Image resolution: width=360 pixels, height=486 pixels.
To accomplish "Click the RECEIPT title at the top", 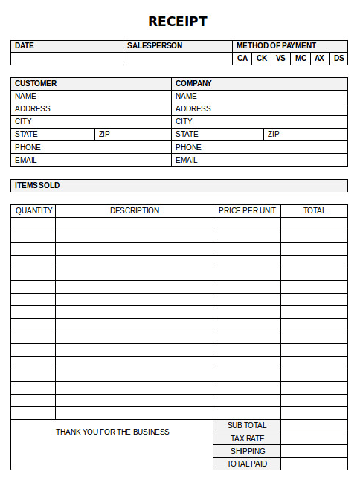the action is (178, 22).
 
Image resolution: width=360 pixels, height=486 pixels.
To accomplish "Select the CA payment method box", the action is (242, 59).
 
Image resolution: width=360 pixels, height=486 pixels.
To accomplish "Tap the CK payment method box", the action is (262, 59).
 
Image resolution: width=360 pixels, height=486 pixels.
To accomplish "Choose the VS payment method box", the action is (280, 59).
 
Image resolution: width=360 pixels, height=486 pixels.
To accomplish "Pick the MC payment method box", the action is (300, 59).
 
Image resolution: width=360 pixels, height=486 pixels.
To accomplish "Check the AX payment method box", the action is (319, 59).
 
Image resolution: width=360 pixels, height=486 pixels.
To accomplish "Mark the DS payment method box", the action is (338, 59).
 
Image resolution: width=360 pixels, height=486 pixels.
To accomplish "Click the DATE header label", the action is (25, 46).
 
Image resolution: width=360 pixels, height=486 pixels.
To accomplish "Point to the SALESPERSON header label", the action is (155, 46).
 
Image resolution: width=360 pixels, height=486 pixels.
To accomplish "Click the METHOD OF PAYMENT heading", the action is (276, 46).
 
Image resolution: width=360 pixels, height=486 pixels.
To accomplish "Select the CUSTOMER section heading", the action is (36, 83).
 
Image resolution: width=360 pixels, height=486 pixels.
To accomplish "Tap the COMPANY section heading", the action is (193, 83).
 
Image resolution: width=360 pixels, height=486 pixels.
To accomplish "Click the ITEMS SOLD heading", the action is (37, 185).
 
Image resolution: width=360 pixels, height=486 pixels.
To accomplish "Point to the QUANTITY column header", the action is (33, 211).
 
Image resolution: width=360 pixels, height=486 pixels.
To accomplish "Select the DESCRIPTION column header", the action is (135, 211).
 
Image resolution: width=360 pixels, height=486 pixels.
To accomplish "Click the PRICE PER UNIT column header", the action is (247, 211).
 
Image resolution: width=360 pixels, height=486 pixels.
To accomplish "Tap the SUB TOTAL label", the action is (247, 425).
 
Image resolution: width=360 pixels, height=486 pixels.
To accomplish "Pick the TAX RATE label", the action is (247, 438).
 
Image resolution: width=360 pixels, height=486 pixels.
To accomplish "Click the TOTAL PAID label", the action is (247, 464).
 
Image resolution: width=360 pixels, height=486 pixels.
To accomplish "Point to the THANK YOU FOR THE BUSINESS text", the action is (112, 432).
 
